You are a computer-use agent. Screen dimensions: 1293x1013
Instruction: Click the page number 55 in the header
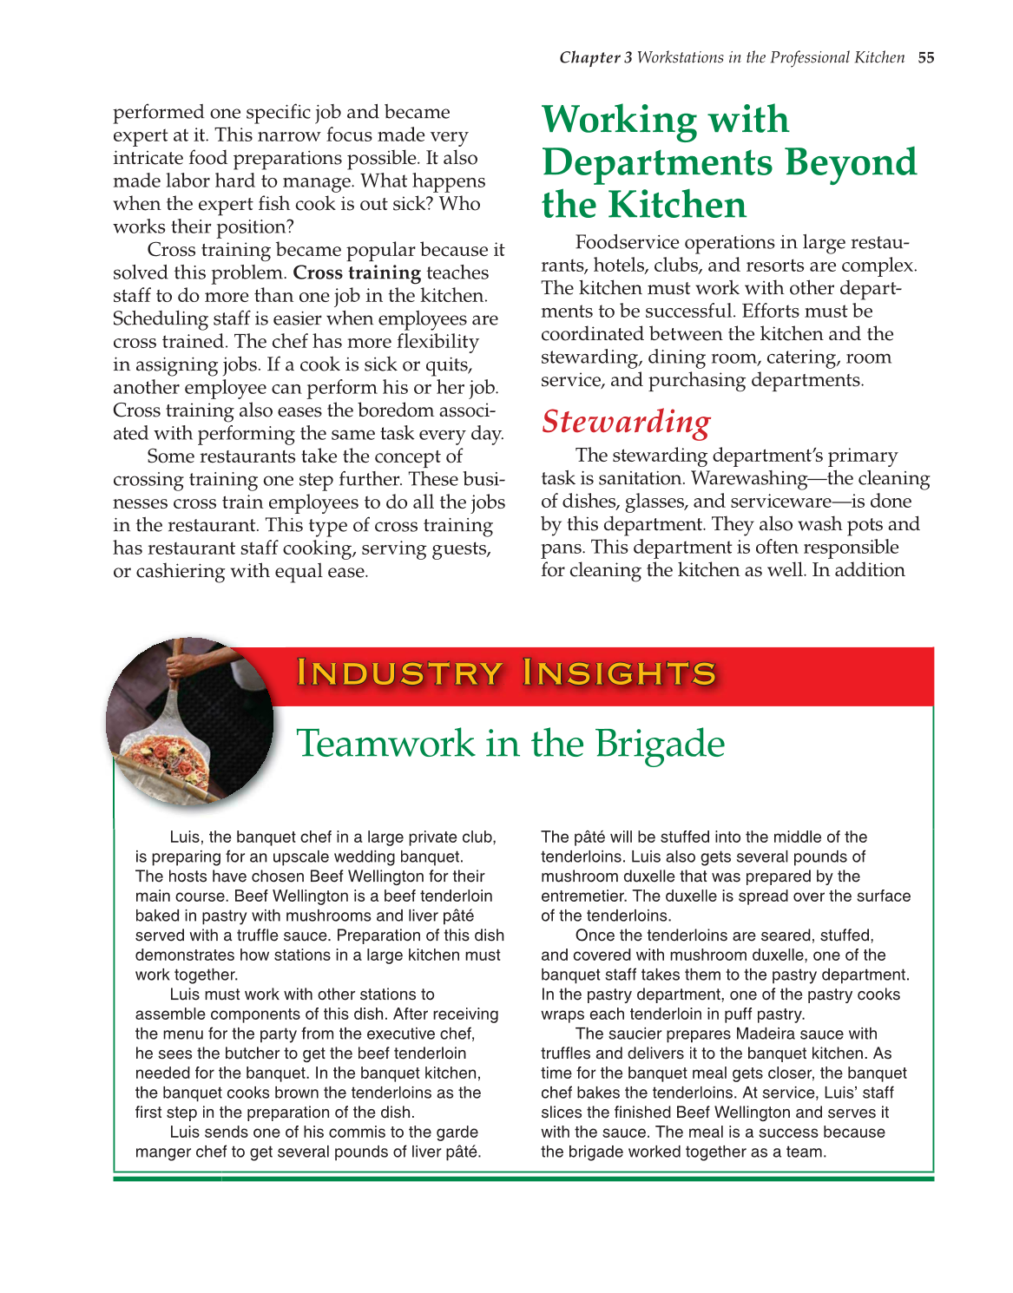coord(926,58)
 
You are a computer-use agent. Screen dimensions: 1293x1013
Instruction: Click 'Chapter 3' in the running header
coord(595,58)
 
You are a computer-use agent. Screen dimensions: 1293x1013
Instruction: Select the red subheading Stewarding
coord(626,422)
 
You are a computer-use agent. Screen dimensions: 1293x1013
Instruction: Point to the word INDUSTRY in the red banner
coord(399,673)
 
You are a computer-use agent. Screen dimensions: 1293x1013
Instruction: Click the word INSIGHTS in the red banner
coord(619,673)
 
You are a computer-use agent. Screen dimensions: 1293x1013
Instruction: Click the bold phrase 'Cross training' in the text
coord(357,272)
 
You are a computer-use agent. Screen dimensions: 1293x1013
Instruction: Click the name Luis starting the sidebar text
coord(184,837)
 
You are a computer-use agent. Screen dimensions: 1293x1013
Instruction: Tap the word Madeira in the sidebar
coord(765,1034)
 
